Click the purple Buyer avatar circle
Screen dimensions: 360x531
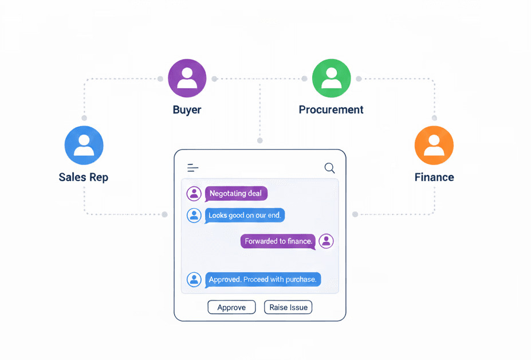187,79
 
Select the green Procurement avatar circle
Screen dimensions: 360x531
331,79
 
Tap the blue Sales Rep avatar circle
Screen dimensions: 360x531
84,146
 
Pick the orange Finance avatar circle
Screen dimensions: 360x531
434,146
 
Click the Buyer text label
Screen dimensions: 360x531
187,109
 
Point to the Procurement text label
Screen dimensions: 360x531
331,109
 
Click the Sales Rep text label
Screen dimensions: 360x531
84,177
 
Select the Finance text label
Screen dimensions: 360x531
434,177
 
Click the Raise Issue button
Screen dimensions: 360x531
288,307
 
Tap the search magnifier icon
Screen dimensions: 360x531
329,168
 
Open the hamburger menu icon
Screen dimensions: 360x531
193,168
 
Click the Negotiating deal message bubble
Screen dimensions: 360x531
236,194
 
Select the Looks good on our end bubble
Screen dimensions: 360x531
245,216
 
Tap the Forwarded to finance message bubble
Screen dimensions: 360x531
278,241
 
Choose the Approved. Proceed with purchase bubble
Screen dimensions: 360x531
262,280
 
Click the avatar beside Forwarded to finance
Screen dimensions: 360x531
326,241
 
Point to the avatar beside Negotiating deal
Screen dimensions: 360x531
194,194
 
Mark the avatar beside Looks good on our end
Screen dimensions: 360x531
194,216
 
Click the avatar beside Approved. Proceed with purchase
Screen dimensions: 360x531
194,280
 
